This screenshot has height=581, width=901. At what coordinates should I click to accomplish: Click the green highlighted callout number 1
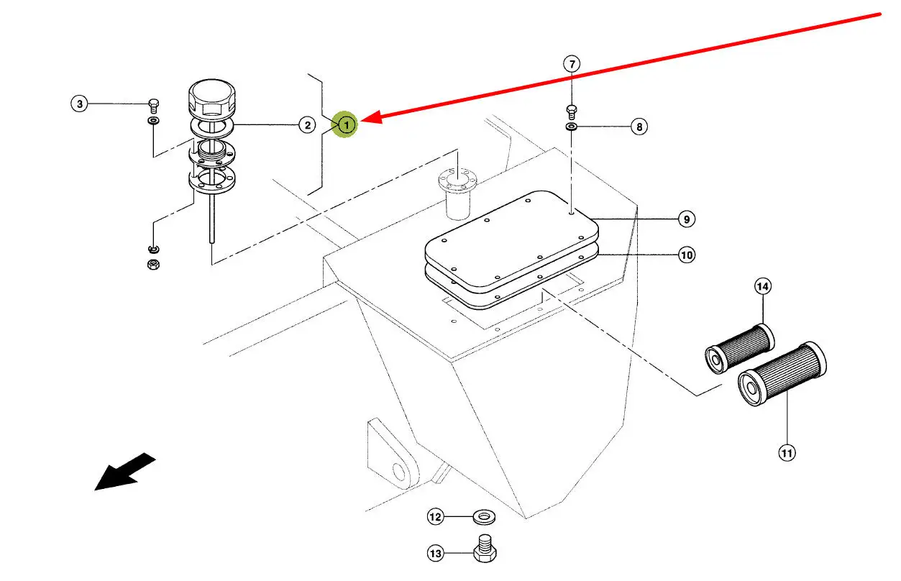[x=347, y=125]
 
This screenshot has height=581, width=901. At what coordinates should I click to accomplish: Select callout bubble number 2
[x=307, y=125]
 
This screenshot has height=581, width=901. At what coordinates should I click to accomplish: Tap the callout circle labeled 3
[x=80, y=104]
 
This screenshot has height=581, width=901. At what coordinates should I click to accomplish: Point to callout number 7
[x=572, y=64]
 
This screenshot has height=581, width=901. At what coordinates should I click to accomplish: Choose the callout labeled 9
[x=687, y=219]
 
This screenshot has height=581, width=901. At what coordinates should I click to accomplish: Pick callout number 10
[x=687, y=255]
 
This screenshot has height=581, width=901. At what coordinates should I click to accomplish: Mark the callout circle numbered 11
[x=787, y=452]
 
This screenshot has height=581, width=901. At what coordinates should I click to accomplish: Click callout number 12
[x=436, y=516]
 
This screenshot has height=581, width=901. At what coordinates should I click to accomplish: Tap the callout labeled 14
[x=762, y=286]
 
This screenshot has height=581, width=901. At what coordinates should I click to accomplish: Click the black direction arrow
[x=125, y=471]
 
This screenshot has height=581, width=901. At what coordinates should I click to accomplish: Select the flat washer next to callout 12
[x=483, y=517]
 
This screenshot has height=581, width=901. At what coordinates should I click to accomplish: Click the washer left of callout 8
[x=572, y=127]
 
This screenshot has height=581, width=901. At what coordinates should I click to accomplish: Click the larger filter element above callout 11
[x=782, y=373]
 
